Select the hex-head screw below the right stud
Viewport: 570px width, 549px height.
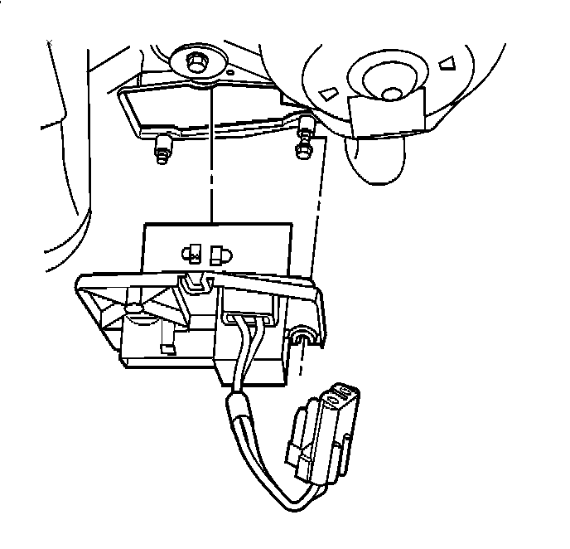coord(303,149)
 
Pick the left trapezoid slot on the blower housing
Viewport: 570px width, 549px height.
coord(329,90)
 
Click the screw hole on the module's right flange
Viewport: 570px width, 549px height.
coord(301,335)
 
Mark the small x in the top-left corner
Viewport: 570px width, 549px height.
coord(51,42)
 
